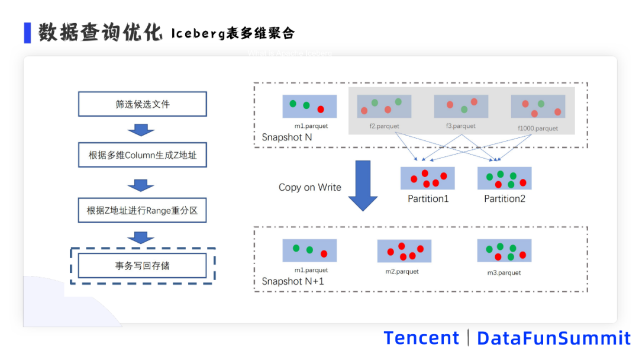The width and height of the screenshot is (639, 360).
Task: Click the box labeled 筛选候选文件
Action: [143, 104]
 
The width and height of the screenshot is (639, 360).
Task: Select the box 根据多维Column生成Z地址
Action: [143, 155]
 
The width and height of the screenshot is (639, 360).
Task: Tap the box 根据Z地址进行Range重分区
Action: [143, 210]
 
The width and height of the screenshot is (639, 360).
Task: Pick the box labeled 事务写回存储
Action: [143, 266]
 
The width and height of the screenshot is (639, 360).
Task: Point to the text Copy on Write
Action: [310, 187]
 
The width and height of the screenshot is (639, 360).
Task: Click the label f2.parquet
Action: [384, 126]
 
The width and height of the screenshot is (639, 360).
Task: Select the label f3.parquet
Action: [461, 126]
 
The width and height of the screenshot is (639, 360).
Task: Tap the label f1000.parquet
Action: [538, 128]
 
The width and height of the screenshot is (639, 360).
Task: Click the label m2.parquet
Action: [402, 271]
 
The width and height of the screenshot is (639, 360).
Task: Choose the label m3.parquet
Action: [504, 272]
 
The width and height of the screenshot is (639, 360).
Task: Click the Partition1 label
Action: [428, 199]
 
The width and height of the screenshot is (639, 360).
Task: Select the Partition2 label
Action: [505, 199]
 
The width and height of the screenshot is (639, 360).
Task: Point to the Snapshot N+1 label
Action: [293, 281]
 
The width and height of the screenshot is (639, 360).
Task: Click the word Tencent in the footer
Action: [421, 338]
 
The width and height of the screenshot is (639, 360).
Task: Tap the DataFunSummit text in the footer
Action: [554, 338]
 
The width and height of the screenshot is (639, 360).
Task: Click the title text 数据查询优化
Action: [101, 33]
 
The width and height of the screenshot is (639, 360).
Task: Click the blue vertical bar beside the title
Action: [27, 33]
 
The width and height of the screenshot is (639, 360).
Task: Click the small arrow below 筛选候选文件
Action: [141, 129]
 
